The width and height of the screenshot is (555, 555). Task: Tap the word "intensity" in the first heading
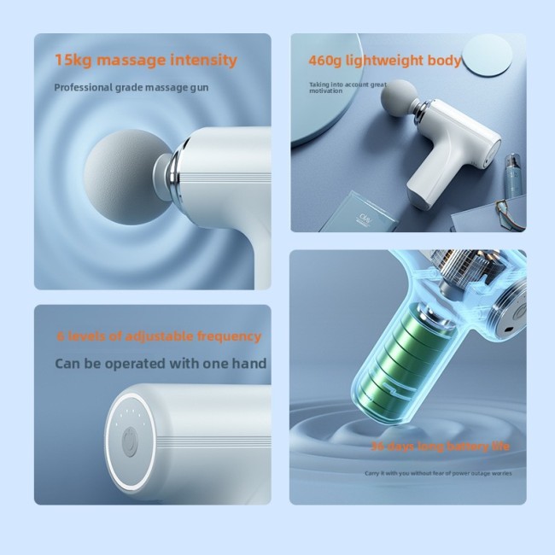click(200, 61)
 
